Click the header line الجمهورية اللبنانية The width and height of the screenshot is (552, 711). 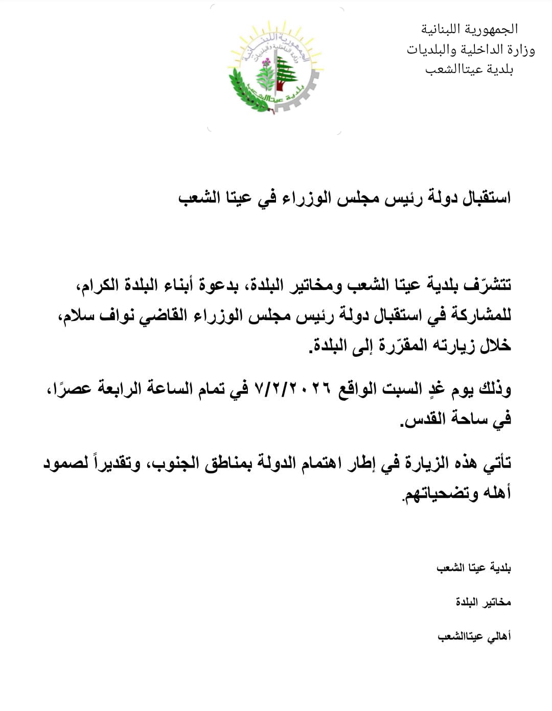(470, 29)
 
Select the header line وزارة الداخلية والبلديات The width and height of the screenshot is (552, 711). (471, 50)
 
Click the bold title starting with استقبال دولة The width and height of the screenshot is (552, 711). (344, 198)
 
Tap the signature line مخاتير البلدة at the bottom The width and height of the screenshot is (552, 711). (483, 602)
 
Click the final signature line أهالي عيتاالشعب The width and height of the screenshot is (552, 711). (474, 636)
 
